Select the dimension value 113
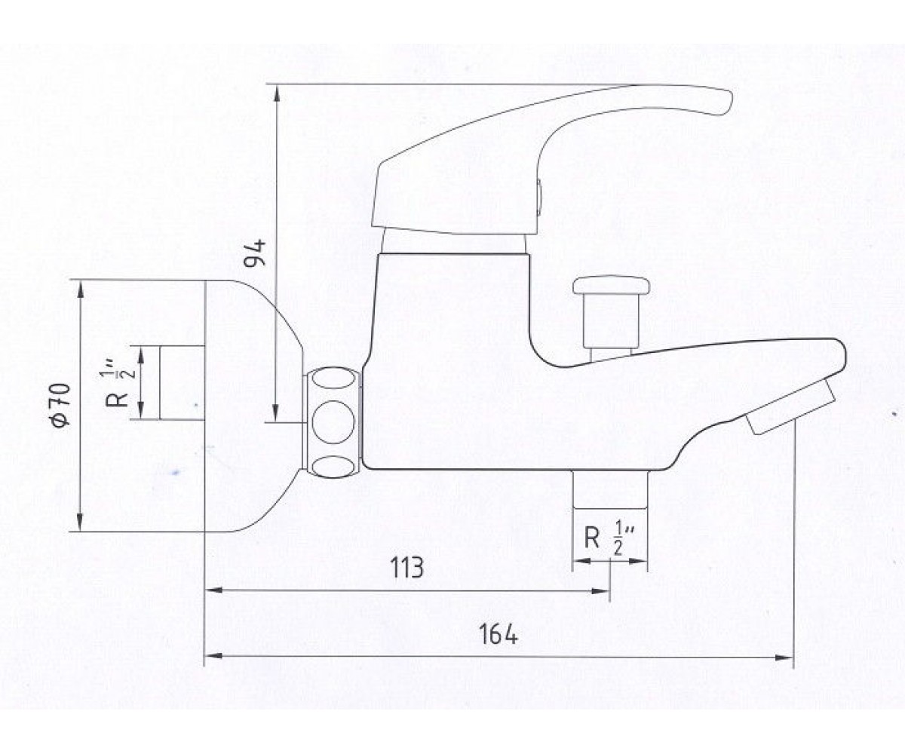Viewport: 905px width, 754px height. coord(406,567)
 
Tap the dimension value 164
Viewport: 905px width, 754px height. coord(498,634)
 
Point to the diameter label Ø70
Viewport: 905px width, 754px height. coord(61,406)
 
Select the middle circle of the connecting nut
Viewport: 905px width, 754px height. coord(333,421)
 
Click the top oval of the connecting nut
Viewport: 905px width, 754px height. coord(333,379)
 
